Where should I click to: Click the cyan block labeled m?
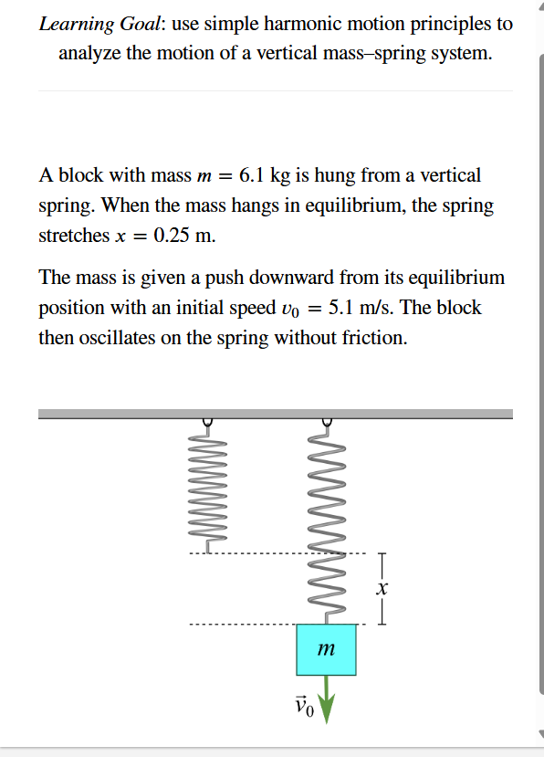(326, 650)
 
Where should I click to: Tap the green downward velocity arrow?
(327, 704)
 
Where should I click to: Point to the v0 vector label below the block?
(304, 706)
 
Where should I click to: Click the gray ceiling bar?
(274, 414)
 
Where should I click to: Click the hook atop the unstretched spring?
(208, 422)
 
